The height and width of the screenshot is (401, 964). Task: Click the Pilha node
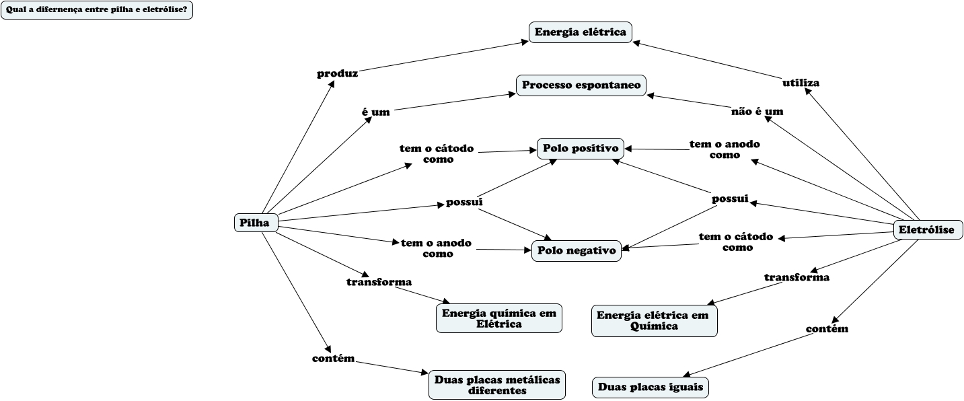(256, 223)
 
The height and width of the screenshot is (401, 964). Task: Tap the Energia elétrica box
(580, 32)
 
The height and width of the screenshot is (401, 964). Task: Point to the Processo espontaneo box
(581, 85)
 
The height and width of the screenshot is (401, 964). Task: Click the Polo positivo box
(581, 149)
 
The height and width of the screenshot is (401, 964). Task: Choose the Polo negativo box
(577, 250)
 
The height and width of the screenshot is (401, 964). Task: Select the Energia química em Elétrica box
(498, 318)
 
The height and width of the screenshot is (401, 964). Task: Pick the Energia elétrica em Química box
(654, 320)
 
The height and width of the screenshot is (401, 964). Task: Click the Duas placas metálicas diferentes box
(497, 385)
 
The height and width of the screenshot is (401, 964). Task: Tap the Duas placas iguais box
(651, 388)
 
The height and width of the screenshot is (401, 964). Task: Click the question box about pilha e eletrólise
(97, 10)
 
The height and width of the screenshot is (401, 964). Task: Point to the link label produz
(338, 73)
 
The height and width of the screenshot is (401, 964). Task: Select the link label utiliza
(801, 83)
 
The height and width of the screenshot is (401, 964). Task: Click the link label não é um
(757, 112)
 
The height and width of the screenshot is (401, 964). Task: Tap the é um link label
(375, 112)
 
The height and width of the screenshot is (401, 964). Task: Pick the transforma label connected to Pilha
(379, 282)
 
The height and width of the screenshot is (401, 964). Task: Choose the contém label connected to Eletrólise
(827, 329)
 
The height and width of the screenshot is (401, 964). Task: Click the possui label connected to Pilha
(464, 202)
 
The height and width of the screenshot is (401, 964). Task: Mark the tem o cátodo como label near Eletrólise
(735, 242)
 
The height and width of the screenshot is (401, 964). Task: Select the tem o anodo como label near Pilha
(436, 248)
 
